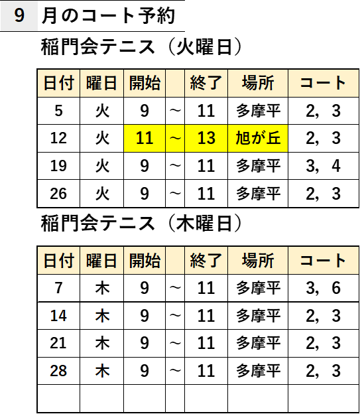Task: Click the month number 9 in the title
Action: [19, 15]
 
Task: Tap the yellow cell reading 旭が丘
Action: [258, 139]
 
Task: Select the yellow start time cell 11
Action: [145, 139]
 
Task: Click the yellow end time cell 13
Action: [206, 139]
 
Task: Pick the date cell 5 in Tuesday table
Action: [58, 111]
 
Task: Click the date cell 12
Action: [58, 139]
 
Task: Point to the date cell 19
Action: [58, 166]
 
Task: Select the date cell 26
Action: [58, 194]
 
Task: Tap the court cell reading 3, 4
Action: [324, 166]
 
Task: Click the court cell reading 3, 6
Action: [324, 288]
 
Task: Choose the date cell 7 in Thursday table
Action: [58, 288]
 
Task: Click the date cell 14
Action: [58, 316]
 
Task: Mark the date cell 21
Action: [58, 343]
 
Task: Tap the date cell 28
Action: [58, 371]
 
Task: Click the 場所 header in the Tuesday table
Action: [258, 83]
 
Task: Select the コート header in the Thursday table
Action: [324, 261]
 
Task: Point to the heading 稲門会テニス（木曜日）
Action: [141, 224]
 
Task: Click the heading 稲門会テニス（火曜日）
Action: [141, 46]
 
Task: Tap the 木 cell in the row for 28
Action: [102, 371]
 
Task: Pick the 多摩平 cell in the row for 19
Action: [258, 166]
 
